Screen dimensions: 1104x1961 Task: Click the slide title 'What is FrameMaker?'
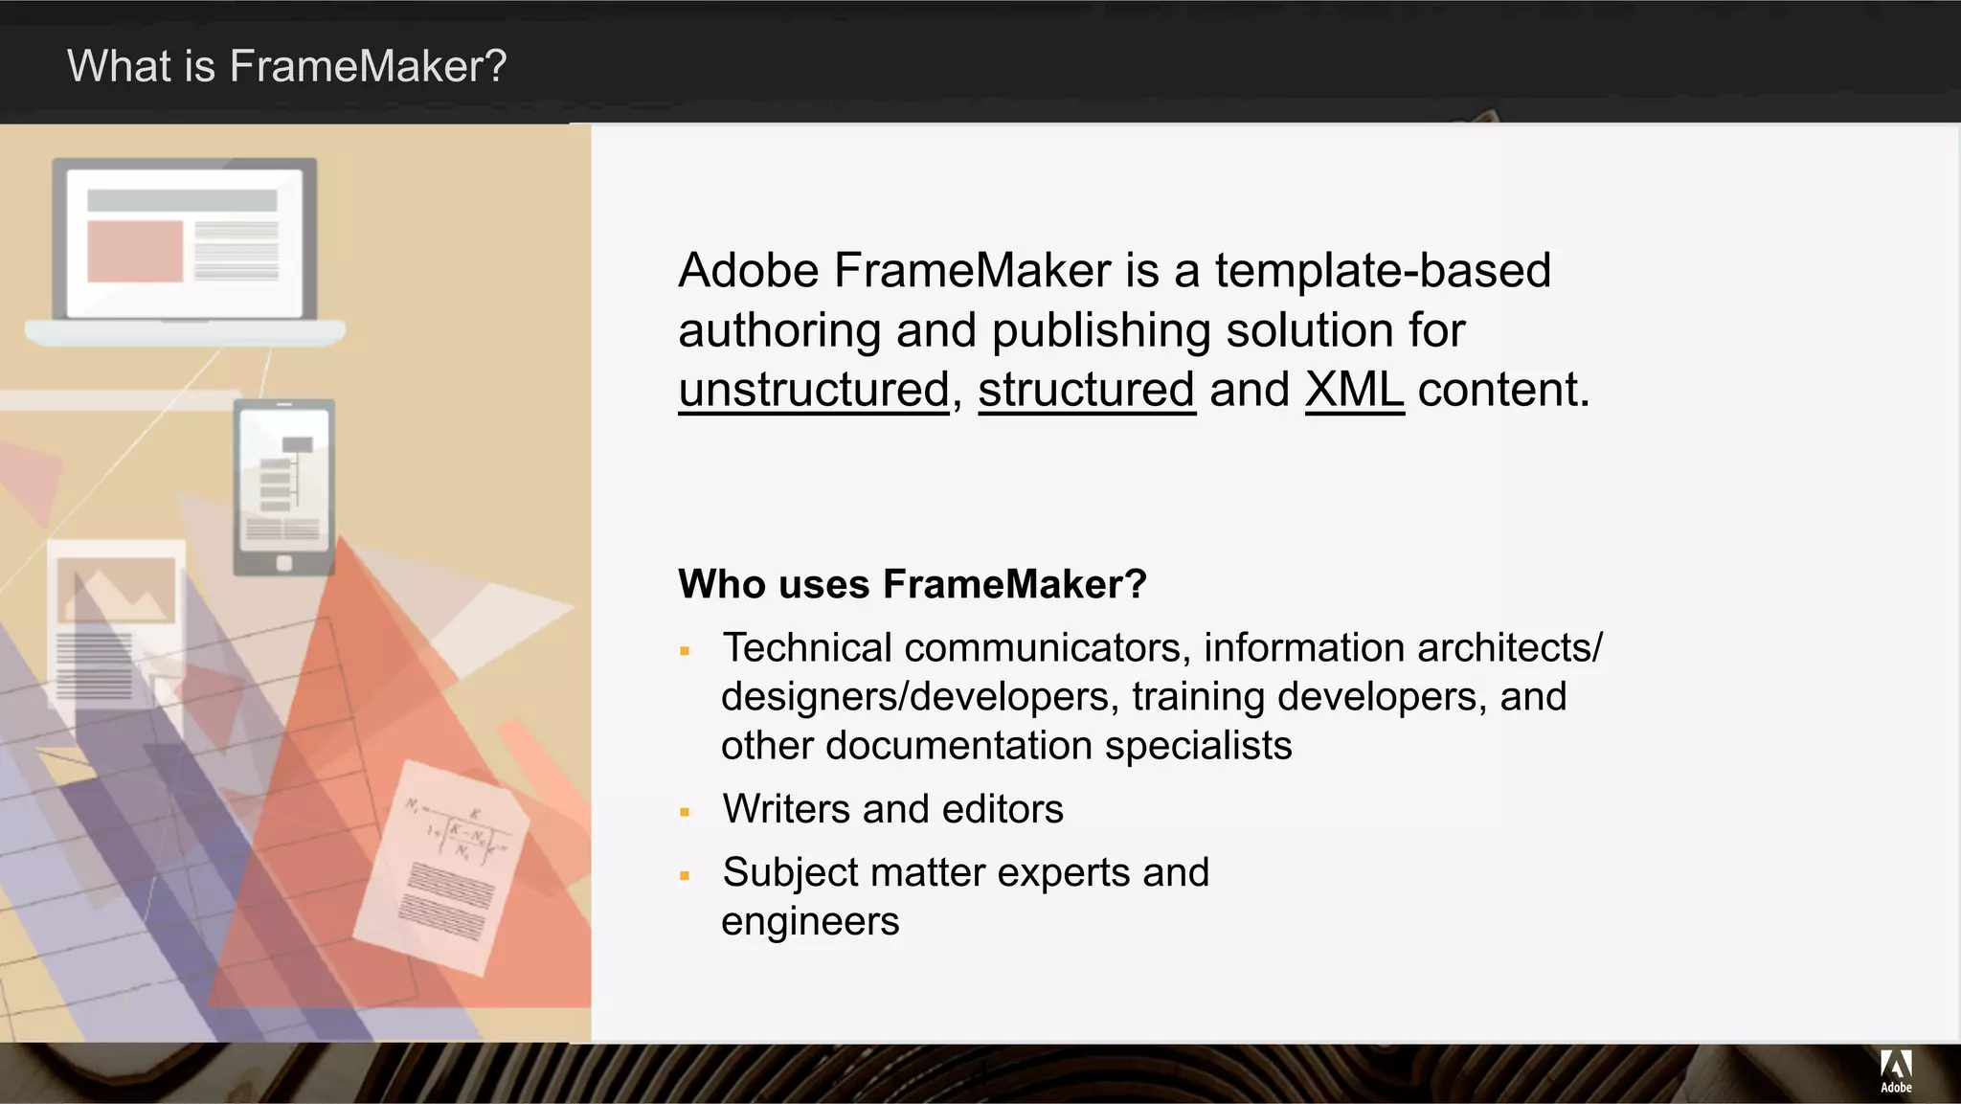click(286, 66)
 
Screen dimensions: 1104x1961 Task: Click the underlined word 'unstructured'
click(814, 390)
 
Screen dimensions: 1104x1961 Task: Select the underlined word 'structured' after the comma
click(1087, 390)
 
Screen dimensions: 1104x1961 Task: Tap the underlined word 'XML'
click(1354, 390)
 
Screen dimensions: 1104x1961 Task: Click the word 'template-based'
click(1383, 270)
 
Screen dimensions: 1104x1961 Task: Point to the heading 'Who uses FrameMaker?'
click(912, 584)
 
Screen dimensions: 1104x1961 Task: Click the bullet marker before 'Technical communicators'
click(685, 652)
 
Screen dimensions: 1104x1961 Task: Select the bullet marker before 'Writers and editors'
click(685, 813)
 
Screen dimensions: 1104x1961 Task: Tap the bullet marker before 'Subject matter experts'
click(685, 876)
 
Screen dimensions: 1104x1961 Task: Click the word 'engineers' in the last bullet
click(810, 921)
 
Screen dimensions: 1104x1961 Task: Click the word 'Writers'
click(786, 809)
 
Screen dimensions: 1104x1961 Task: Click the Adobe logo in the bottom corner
click(1896, 1070)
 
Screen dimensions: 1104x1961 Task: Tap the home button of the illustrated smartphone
click(283, 563)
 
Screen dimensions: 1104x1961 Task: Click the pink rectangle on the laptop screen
click(135, 251)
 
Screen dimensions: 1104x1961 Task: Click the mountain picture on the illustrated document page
click(116, 590)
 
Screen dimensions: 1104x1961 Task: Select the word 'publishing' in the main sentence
click(1101, 330)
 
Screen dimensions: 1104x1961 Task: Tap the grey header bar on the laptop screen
click(182, 200)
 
